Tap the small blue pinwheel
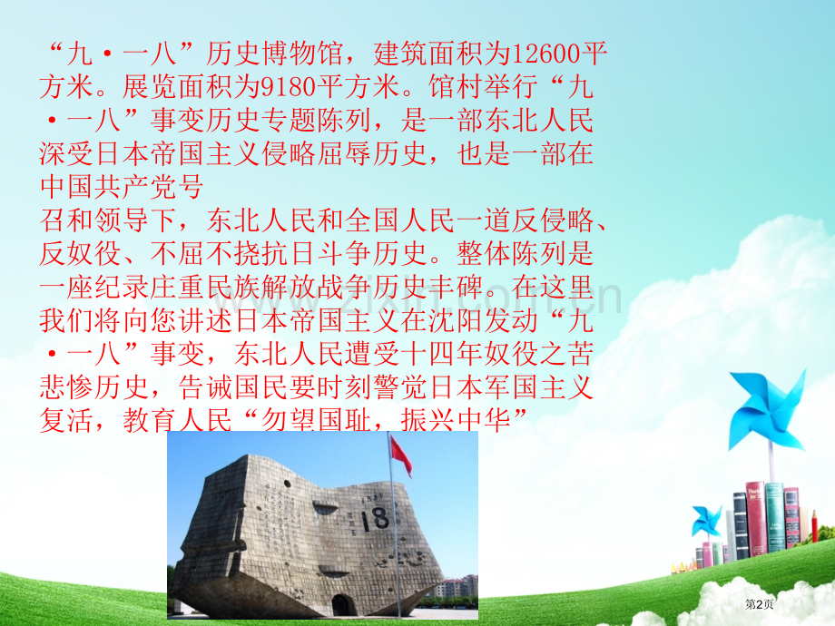[706, 521]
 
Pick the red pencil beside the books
[814, 526]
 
